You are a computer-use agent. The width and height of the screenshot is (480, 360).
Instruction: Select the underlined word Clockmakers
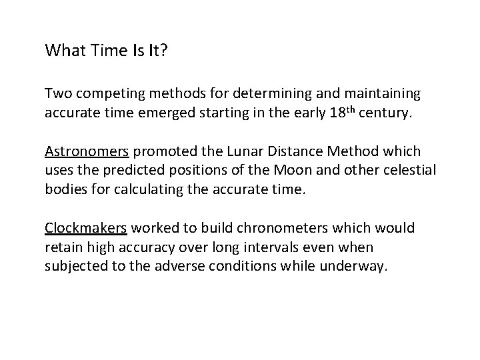(85, 229)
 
